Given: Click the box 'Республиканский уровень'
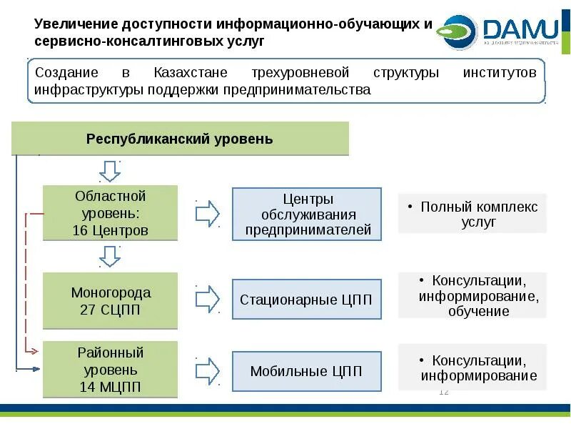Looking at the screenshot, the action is (x=180, y=139).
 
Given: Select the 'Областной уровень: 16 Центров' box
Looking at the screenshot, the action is (x=110, y=213).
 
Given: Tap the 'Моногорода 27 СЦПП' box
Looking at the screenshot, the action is (x=110, y=301).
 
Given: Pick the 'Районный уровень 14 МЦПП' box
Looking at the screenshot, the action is (x=110, y=370).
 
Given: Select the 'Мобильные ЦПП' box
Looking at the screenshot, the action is (x=306, y=371).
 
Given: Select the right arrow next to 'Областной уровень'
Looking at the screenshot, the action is (x=208, y=213).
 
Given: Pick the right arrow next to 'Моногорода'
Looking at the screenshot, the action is (x=208, y=300).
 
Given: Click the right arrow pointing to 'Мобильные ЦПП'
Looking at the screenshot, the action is (x=208, y=370).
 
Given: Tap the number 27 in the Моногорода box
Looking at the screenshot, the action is (x=88, y=310).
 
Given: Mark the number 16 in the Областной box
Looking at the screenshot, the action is (x=79, y=230).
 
